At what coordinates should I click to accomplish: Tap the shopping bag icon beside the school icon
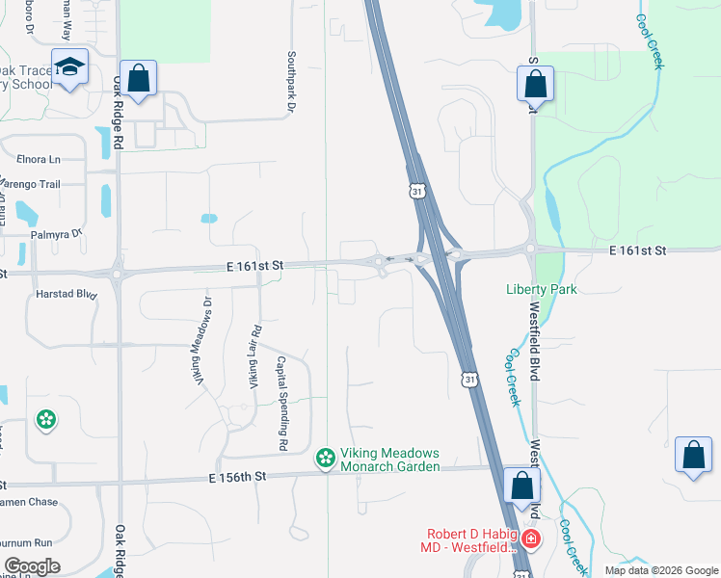138,78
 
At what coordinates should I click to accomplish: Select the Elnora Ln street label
39,159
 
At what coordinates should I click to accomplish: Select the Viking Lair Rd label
255,355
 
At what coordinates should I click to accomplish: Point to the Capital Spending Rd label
281,405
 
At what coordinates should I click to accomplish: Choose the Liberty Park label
540,289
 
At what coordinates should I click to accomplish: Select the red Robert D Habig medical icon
530,538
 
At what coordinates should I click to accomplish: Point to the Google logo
32,566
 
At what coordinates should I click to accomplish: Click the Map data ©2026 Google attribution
660,570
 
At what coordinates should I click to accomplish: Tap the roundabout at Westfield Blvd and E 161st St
530,249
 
